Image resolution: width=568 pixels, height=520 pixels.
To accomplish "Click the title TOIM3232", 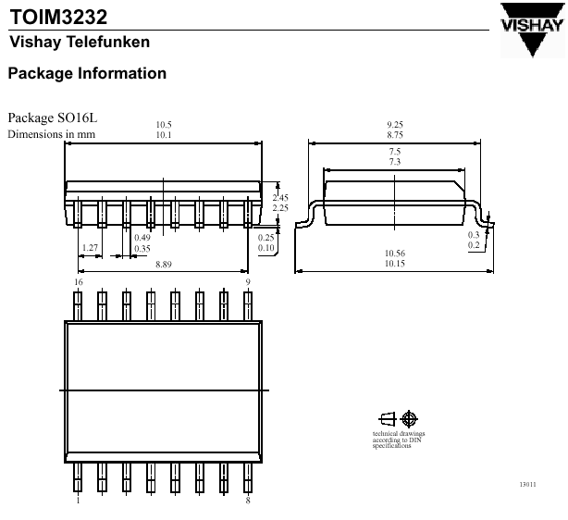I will pos(58,17).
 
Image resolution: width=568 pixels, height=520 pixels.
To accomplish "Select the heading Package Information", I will pos(87,73).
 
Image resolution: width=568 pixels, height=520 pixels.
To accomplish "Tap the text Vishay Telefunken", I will pos(79,43).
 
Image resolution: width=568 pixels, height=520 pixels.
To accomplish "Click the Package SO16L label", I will pos(52,118).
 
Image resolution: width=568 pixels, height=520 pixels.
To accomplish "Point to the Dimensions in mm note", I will pos(52,134).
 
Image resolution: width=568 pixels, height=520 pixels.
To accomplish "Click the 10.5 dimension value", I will pos(164,125).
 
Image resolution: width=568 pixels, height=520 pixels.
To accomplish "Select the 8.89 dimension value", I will pos(164,265).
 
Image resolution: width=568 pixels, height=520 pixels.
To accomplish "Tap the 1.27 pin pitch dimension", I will pos(90,248).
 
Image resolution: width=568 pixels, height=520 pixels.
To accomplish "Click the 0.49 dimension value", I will pos(142,238).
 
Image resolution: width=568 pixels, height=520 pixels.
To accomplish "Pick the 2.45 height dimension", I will pos(280,197).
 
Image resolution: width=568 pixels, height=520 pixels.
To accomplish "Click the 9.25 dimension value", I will pos(395,125).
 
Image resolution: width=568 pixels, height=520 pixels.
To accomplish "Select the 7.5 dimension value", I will pos(395,151).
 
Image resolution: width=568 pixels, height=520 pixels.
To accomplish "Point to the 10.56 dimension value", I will pos(395,254).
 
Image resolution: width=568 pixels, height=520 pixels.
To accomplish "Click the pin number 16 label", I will pos(79,281).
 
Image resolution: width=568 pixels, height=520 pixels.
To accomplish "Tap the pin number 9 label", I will pos(247,281).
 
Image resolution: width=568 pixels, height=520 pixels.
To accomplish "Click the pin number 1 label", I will pos(79,501).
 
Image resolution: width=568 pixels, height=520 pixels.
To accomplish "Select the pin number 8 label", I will pos(247,501).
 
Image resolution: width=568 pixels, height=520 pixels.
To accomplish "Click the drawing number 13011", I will pos(527,485).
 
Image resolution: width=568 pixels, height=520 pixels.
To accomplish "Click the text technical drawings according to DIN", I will pos(398,440).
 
